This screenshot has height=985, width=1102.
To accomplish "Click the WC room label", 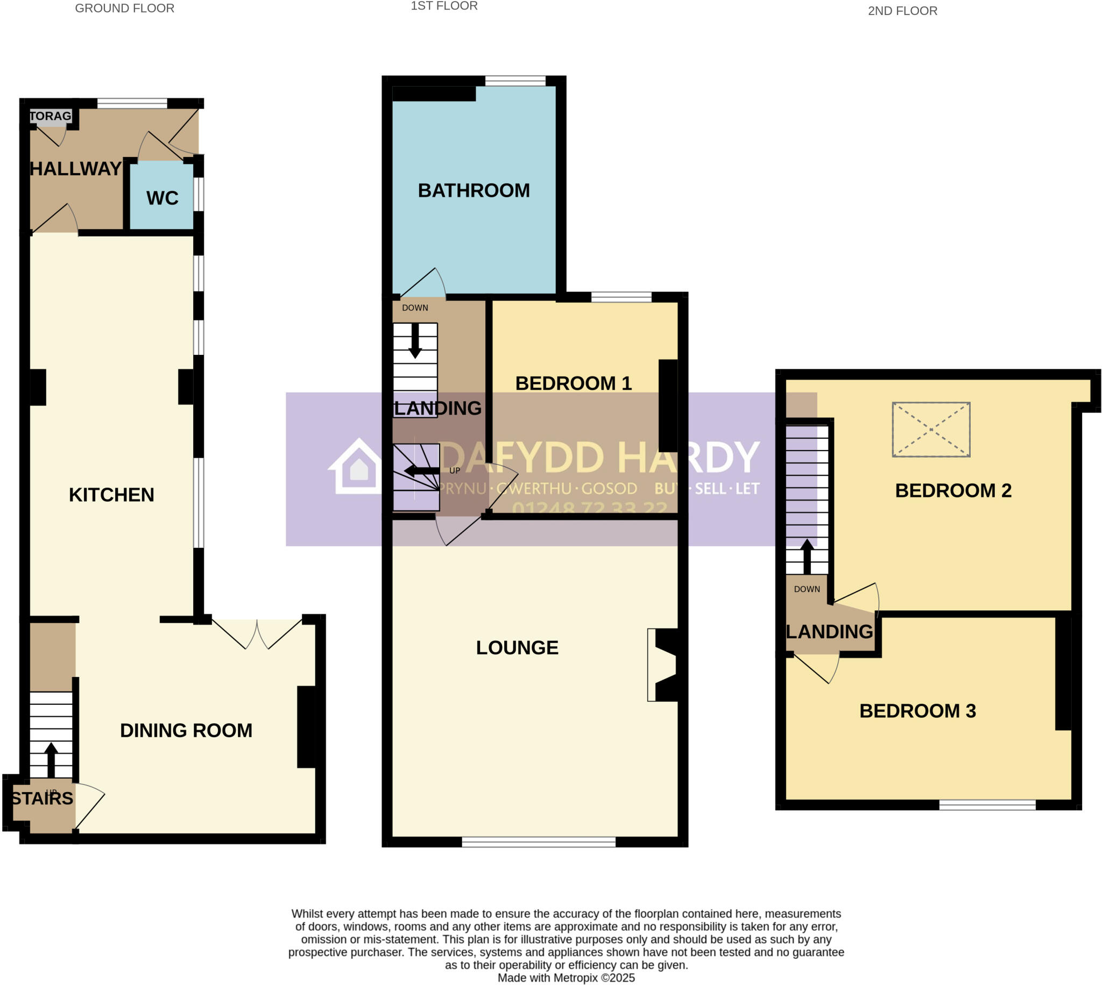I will point(162,198).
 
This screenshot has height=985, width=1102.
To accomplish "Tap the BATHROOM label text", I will point(474,190).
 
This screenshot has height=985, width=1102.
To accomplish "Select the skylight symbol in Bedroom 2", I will point(930,429).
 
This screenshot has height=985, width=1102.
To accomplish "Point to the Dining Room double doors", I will point(257,634).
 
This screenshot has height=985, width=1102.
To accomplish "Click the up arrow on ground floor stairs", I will point(51,759).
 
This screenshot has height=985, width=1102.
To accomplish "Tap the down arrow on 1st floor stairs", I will point(415,341).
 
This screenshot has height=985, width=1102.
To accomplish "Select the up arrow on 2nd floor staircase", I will point(807,556).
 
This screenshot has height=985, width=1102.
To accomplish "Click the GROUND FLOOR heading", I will point(124,8).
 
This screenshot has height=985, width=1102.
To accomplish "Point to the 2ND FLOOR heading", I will point(902,11).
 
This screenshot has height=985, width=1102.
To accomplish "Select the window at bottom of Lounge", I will point(538,841).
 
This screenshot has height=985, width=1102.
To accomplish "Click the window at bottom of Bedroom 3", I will point(987,805).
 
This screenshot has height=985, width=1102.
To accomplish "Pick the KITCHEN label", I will point(111,495).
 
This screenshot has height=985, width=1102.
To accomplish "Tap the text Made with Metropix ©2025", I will point(566,977).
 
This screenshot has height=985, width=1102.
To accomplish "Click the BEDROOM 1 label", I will point(573,383).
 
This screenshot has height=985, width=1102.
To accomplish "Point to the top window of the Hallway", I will point(132,103).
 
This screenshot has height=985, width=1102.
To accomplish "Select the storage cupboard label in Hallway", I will point(51,116).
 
